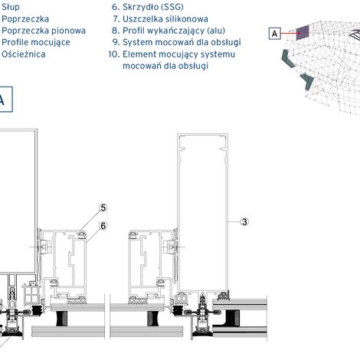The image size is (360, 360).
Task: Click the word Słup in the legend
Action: click(x=11, y=7)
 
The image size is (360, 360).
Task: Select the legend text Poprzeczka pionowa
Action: click(x=44, y=31)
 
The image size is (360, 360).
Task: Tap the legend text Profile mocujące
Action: click(x=36, y=42)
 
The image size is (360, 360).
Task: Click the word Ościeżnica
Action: click(x=24, y=54)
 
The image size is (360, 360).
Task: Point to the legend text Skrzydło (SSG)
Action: click(x=153, y=7)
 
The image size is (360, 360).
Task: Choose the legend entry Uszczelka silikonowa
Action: click(x=165, y=19)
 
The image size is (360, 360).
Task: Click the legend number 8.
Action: click(x=116, y=31)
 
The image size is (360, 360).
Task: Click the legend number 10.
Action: click(x=114, y=54)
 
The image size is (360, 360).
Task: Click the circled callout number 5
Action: click(x=103, y=208)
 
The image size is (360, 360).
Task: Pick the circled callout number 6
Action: click(x=103, y=226)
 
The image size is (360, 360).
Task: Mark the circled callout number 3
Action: click(x=244, y=222)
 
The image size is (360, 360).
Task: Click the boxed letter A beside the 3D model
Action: click(x=275, y=34)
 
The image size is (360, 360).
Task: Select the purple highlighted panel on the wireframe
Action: click(x=303, y=33)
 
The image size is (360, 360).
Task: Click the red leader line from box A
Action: click(x=289, y=33)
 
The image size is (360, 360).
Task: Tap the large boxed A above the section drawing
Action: click(x=4, y=100)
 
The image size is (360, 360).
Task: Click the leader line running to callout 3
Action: click(x=234, y=222)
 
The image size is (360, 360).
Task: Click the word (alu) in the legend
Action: click(x=216, y=31)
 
